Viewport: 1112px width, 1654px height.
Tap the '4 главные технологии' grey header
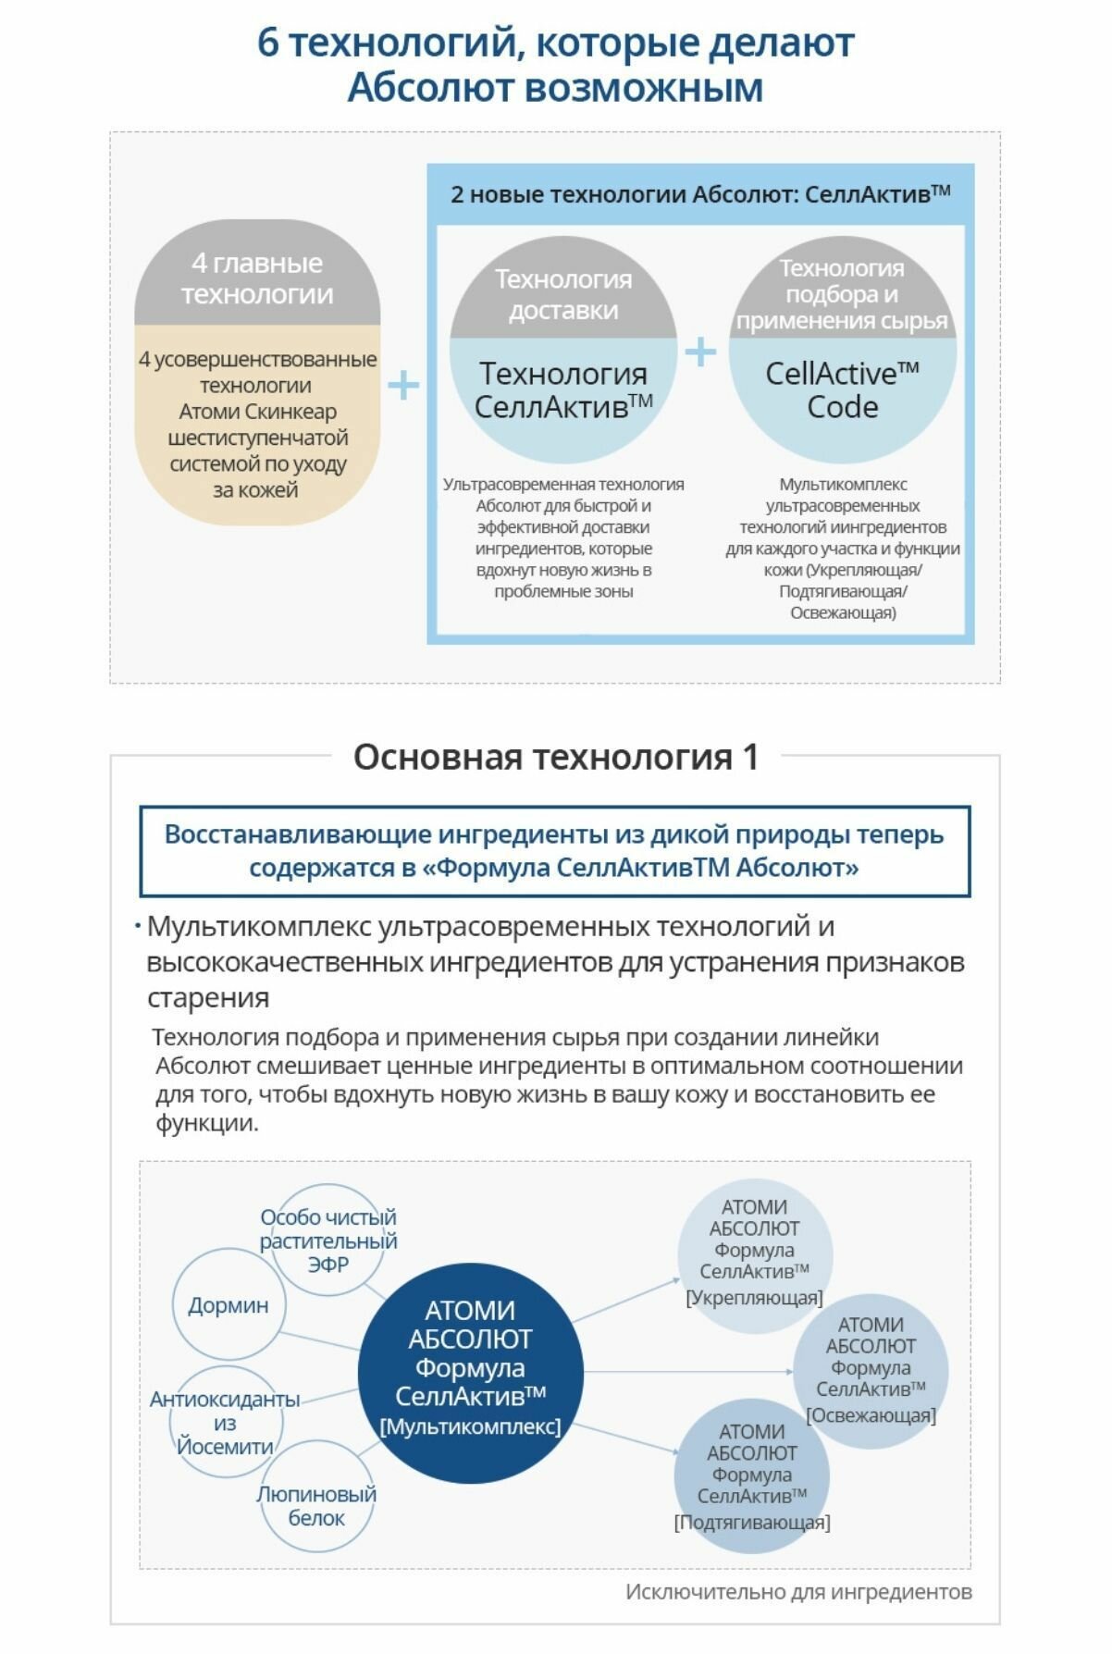coord(257,278)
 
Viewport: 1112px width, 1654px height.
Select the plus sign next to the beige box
coord(403,385)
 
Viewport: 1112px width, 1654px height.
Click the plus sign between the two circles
coord(701,352)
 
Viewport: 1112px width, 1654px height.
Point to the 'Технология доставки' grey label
coord(563,294)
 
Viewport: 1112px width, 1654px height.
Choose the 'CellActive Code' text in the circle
coord(842,390)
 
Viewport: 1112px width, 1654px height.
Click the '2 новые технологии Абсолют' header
coord(700,194)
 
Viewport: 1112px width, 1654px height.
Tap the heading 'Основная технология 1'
coord(555,757)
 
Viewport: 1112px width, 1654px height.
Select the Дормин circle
coord(229,1304)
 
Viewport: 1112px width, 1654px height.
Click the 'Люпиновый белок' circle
coord(316,1506)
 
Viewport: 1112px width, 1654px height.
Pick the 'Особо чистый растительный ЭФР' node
coord(328,1240)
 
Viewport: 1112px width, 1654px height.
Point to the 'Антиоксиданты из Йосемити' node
coord(225,1423)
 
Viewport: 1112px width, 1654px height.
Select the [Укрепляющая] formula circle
coord(754,1253)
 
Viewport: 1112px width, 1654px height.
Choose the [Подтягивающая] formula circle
coord(751,1476)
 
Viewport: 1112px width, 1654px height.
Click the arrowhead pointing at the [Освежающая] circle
coord(788,1371)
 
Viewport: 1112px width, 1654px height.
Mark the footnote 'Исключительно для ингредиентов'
coord(798,1592)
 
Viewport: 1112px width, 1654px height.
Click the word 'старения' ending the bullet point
coord(208,998)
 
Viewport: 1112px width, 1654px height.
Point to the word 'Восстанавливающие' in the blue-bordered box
coord(296,834)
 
